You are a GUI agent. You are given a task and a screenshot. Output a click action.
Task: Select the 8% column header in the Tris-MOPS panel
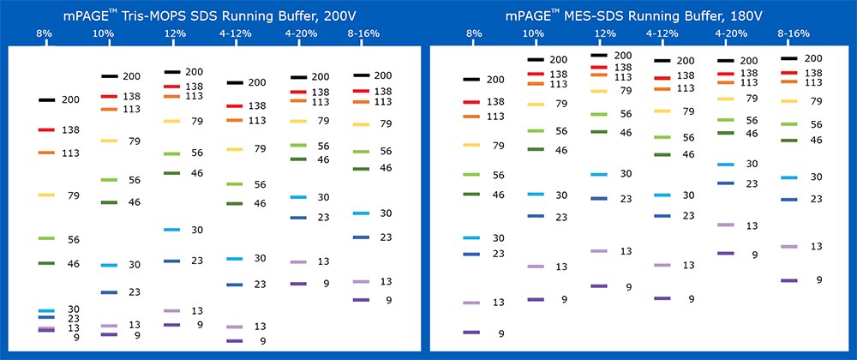tap(45, 33)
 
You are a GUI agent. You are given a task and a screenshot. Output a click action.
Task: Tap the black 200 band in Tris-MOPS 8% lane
tap(46, 99)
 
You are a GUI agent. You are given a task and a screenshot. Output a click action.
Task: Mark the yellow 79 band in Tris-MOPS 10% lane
tap(109, 141)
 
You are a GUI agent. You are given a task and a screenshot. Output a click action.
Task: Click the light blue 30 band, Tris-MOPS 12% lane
tap(171, 230)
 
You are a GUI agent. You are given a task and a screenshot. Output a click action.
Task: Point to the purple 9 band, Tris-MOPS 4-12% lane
tap(234, 341)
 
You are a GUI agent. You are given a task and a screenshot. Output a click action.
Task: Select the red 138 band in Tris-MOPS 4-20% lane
tap(297, 92)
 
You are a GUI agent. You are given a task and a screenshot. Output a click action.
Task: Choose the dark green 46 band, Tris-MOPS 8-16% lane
tap(360, 168)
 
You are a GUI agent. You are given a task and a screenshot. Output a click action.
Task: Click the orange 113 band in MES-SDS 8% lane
tap(471, 116)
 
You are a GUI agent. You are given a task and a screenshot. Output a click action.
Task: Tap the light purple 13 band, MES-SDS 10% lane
tap(536, 267)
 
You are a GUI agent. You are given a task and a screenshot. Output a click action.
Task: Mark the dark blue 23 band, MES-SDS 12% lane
tap(598, 198)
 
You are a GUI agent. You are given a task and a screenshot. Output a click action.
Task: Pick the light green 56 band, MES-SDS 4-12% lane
tap(662, 137)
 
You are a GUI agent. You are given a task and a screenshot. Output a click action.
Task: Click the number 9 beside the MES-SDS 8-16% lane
tap(818, 280)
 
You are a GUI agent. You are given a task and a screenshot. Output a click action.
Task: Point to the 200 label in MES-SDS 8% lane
tap(495, 80)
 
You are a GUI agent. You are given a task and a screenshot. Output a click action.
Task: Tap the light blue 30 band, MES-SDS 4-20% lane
tap(725, 164)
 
